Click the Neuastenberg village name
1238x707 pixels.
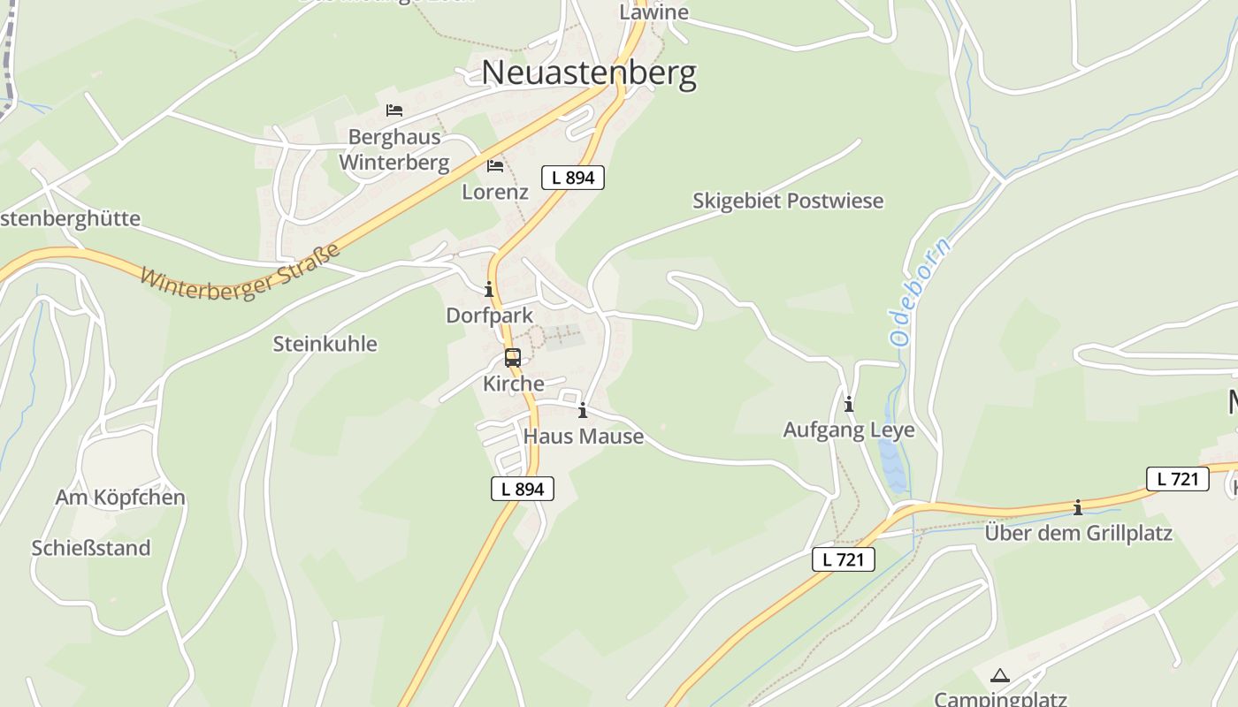click(589, 73)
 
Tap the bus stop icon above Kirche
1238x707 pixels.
click(513, 358)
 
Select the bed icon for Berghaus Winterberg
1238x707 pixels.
click(394, 110)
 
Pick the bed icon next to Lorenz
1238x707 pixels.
click(495, 165)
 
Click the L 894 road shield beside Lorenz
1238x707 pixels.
click(573, 178)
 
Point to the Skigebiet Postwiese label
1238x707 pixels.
click(787, 201)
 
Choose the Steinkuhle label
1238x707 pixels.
click(325, 344)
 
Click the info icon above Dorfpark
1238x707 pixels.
click(489, 289)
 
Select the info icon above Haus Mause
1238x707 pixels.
click(583, 410)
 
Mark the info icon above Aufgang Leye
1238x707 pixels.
click(849, 404)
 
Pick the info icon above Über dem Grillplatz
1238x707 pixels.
click(1078, 507)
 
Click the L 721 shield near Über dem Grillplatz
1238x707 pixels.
click(1177, 479)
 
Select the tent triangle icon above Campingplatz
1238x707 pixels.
click(1000, 676)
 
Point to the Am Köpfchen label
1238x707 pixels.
click(120, 498)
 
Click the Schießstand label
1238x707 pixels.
click(91, 548)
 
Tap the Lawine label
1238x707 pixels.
click(653, 12)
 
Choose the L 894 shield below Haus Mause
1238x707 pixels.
click(523, 489)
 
